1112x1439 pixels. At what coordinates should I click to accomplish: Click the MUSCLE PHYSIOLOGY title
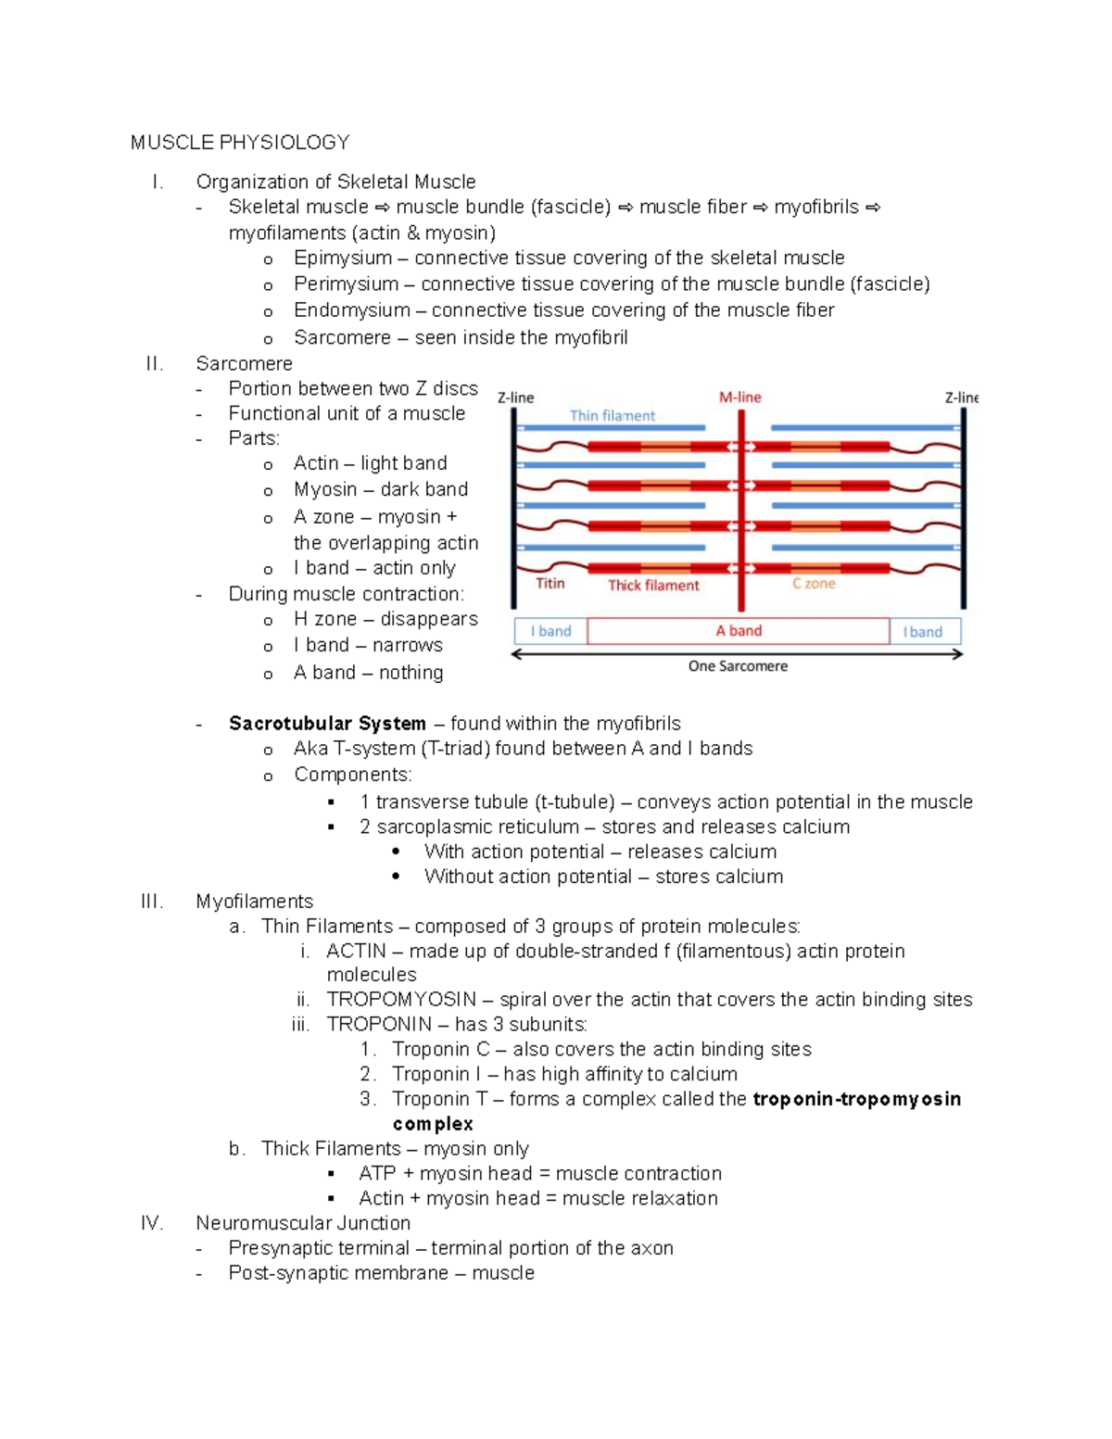pyautogui.click(x=239, y=142)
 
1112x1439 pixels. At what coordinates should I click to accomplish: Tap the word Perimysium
pyautogui.click(x=346, y=284)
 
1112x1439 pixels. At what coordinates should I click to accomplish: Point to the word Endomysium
pyautogui.click(x=351, y=309)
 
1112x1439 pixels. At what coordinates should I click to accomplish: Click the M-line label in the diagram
pyautogui.click(x=739, y=397)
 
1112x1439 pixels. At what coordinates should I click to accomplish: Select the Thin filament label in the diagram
pyautogui.click(x=612, y=415)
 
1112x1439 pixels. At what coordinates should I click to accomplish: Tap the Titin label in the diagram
pyautogui.click(x=550, y=583)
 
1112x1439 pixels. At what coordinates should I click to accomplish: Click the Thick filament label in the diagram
pyautogui.click(x=653, y=585)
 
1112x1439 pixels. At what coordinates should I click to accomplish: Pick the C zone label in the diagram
pyautogui.click(x=813, y=583)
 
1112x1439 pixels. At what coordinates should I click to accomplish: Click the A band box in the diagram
pyautogui.click(x=739, y=631)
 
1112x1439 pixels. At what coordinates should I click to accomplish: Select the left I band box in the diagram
pyautogui.click(x=550, y=631)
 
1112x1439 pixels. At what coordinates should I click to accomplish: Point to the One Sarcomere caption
pyautogui.click(x=738, y=665)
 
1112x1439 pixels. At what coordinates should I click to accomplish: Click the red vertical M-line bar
pyautogui.click(x=741, y=519)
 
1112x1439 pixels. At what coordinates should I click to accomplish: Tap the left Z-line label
pyautogui.click(x=515, y=398)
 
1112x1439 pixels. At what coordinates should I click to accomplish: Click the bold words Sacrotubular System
pyautogui.click(x=327, y=723)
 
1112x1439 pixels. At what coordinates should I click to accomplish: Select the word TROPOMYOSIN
pyautogui.click(x=400, y=999)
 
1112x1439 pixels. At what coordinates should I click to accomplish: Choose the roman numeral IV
pyautogui.click(x=152, y=1223)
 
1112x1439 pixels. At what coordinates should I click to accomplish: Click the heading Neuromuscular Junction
pyautogui.click(x=303, y=1223)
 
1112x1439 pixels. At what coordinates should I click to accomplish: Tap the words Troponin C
pyautogui.click(x=440, y=1049)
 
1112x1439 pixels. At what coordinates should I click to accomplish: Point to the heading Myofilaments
pyautogui.click(x=254, y=901)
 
